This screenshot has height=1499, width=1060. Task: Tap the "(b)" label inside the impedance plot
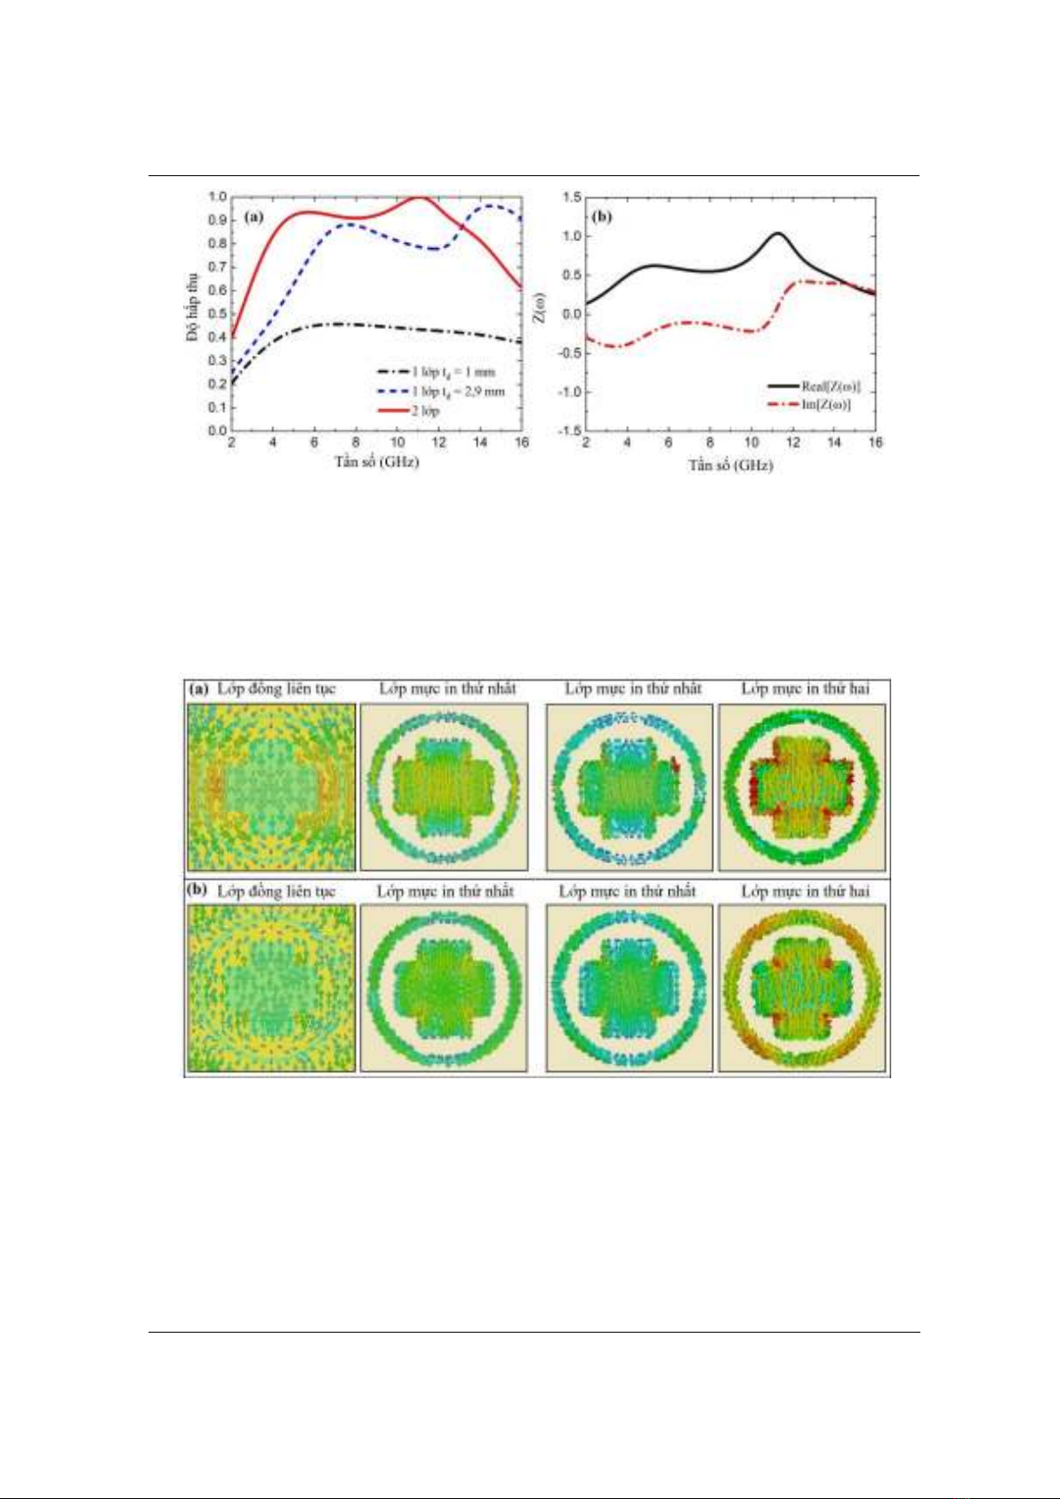tap(603, 216)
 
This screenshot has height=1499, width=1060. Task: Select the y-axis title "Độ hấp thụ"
tap(193, 308)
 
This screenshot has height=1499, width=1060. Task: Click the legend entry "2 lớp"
tap(425, 411)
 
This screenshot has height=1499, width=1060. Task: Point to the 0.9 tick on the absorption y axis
tap(216, 220)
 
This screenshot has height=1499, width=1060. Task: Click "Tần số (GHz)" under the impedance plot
tap(730, 464)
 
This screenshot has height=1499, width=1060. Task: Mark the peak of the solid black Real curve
tap(778, 233)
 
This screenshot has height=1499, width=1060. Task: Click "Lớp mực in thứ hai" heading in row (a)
tap(805, 689)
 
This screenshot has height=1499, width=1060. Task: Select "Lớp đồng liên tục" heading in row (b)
tap(277, 891)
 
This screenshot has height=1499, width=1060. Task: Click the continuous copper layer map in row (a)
tap(271, 787)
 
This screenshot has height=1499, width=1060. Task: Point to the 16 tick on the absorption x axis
tap(522, 442)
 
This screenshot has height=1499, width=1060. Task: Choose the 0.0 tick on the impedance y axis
tap(571, 314)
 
